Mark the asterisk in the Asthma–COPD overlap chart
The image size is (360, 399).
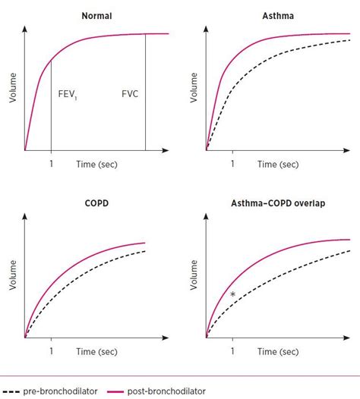(x=233, y=294)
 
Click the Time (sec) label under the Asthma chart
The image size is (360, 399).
(x=278, y=163)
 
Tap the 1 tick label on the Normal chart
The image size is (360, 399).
(x=51, y=163)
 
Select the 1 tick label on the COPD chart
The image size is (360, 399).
(x=51, y=352)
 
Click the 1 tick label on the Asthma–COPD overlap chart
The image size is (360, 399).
(x=233, y=352)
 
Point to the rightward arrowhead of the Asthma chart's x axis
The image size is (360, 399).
(x=352, y=149)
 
